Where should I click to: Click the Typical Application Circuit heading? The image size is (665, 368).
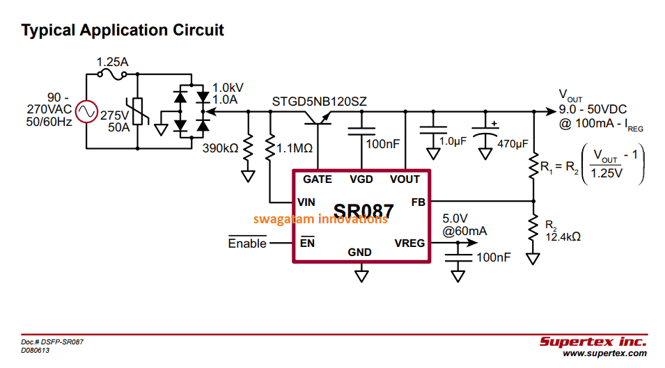coord(123,31)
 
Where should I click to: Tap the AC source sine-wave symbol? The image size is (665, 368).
coord(86,112)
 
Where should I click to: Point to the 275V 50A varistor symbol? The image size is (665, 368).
coord(137,112)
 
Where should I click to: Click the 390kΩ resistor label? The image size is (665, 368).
coord(220,148)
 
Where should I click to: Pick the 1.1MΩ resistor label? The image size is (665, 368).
coord(295,148)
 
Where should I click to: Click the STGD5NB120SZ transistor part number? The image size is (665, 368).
coord(319,102)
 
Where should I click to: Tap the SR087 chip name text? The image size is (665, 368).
coord(363,211)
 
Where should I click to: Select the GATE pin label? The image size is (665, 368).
coord(318,179)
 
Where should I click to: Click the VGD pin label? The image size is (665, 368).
coord(361,179)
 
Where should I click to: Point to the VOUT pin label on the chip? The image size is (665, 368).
coord(405,179)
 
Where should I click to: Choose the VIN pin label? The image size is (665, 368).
coord(306,202)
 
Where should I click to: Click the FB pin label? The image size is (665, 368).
coord(418,202)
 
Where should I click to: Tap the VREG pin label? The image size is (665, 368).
coord(410,243)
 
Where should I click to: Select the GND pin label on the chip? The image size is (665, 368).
coord(361,253)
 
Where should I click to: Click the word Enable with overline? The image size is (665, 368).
coord(247,243)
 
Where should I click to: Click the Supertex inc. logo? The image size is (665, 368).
coord(593,342)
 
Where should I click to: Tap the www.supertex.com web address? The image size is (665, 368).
coord(604,354)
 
